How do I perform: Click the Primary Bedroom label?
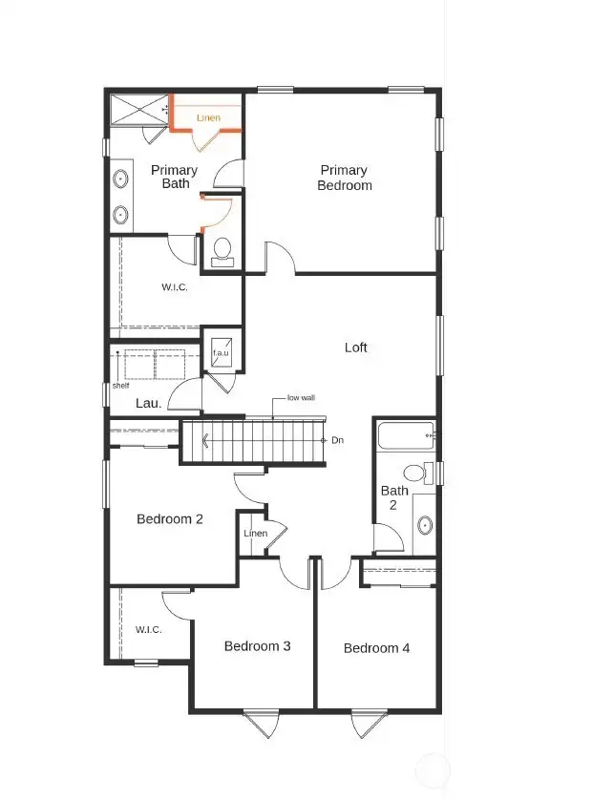[x=344, y=178]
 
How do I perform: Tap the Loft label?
[x=355, y=347]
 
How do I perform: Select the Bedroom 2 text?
[x=170, y=519]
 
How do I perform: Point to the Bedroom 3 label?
[x=257, y=646]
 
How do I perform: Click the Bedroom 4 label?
[x=376, y=648]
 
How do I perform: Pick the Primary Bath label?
[x=175, y=177]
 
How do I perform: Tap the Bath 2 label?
[x=394, y=497]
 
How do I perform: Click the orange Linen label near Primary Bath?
[x=208, y=117]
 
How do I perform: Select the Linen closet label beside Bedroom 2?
[x=255, y=533]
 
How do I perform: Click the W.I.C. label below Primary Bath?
[x=174, y=287]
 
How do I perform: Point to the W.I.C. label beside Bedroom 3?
[x=148, y=629]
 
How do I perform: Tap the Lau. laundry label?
[x=148, y=404]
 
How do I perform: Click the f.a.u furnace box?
[x=222, y=350]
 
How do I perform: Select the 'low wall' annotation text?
[x=301, y=398]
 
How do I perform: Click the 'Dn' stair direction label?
[x=337, y=440]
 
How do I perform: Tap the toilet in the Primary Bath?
[x=222, y=251]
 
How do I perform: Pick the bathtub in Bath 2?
[x=405, y=436]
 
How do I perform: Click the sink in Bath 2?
[x=424, y=525]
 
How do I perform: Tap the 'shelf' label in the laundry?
[x=120, y=386]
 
